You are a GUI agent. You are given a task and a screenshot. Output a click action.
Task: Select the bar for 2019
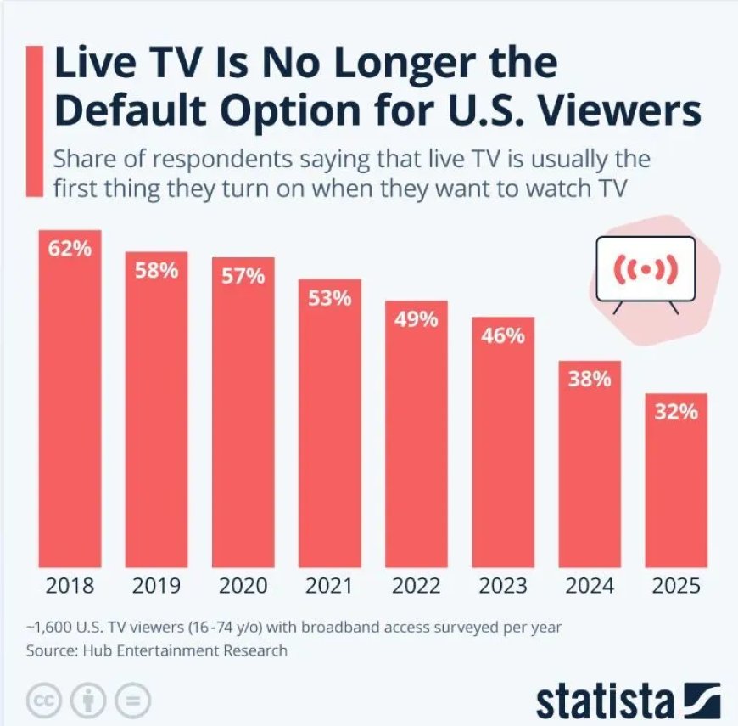(x=157, y=416)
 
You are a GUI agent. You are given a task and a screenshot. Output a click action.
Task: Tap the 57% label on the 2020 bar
(x=243, y=277)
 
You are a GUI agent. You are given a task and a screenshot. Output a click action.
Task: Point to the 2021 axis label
(x=329, y=586)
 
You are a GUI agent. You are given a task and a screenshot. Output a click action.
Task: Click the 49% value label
(x=416, y=320)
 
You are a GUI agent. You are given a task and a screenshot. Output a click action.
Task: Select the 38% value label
(x=590, y=380)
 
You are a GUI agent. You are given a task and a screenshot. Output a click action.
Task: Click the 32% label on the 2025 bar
(x=676, y=413)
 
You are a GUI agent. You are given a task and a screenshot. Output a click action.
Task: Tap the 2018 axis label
(x=70, y=586)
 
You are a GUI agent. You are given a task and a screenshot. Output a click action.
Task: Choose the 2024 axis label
(x=590, y=586)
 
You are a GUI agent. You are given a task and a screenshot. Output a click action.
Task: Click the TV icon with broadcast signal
(x=646, y=270)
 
